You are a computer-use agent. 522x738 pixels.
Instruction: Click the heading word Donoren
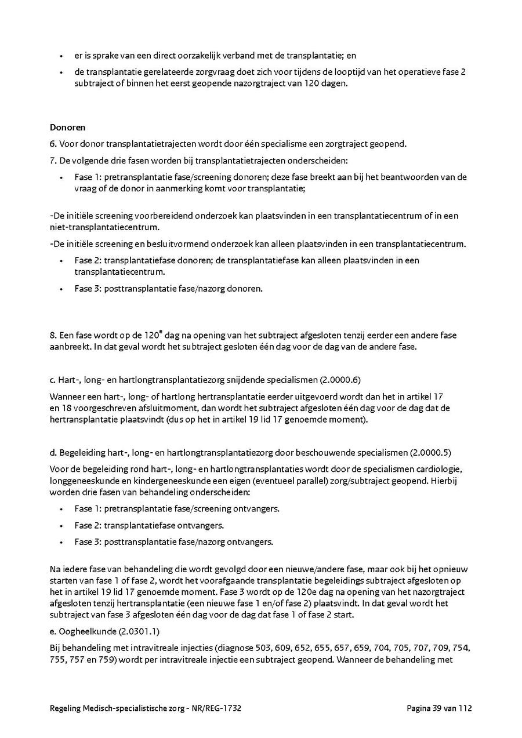(x=67, y=128)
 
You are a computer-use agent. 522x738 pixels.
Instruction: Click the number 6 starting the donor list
(x=52, y=144)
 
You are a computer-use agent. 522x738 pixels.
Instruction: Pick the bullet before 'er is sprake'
(x=61, y=56)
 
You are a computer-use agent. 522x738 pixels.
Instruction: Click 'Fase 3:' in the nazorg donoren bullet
(x=88, y=288)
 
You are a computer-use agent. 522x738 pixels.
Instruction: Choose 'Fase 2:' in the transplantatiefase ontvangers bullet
(x=88, y=526)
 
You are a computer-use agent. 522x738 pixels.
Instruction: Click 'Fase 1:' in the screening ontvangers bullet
(x=88, y=509)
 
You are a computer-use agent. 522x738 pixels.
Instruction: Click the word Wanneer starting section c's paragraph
(x=68, y=397)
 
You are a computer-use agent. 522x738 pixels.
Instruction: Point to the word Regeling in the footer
(x=66, y=708)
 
